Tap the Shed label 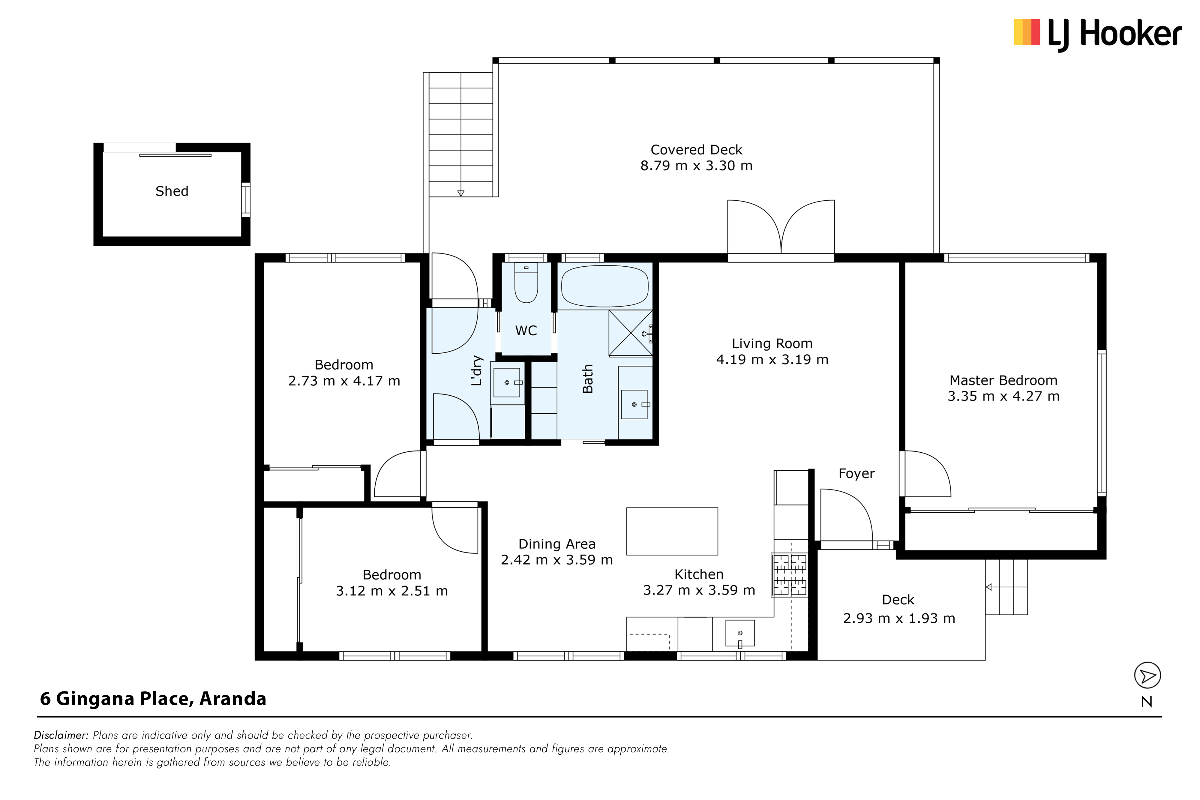pos(172,191)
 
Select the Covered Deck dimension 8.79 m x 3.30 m pos(696,166)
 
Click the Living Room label pos(772,344)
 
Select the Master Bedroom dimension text pos(1003,397)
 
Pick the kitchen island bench pos(672,531)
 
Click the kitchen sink pos(740,633)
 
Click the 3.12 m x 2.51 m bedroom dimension pos(392,591)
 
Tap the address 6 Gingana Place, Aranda pos(153,699)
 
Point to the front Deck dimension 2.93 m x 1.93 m pos(899,618)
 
